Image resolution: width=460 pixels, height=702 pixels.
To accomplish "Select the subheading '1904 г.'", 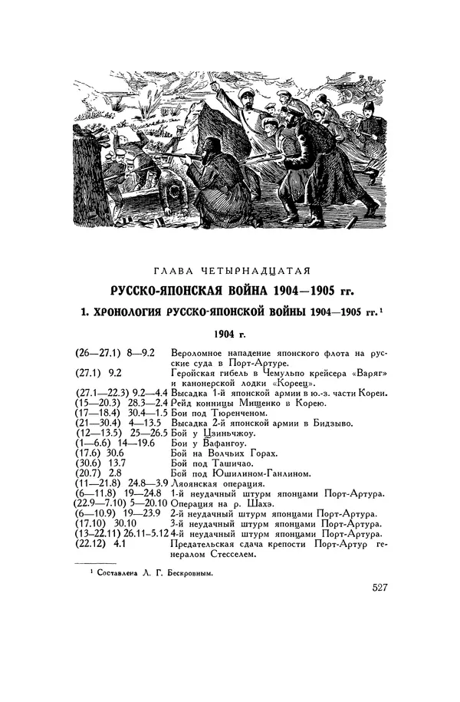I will click(x=230, y=334).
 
